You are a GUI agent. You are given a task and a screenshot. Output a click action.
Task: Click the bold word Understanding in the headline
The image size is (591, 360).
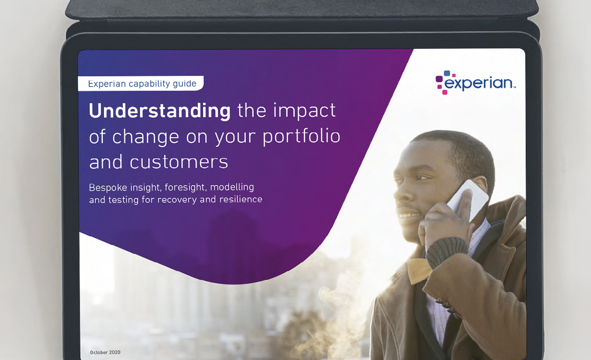pyautogui.click(x=160, y=111)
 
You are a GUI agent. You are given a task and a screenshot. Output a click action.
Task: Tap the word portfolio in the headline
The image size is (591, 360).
pyautogui.click(x=301, y=137)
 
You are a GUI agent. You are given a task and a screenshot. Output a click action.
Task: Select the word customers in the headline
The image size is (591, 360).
pyautogui.click(x=179, y=162)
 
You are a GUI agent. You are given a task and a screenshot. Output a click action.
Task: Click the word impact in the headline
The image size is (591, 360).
pyautogui.click(x=304, y=111)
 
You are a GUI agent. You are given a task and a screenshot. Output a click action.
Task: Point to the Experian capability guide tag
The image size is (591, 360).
pyautogui.click(x=141, y=84)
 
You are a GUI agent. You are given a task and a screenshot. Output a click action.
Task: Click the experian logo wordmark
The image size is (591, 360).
pyautogui.click(x=479, y=84)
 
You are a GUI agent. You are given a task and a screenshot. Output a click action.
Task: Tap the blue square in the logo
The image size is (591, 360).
pyautogui.click(x=447, y=73)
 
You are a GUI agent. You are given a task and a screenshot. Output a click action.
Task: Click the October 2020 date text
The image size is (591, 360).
pyautogui.click(x=105, y=353)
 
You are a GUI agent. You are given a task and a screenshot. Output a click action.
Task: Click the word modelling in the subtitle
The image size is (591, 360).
pyautogui.click(x=232, y=187)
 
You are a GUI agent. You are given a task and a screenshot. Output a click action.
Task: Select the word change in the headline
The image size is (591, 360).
pyautogui.click(x=146, y=137)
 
